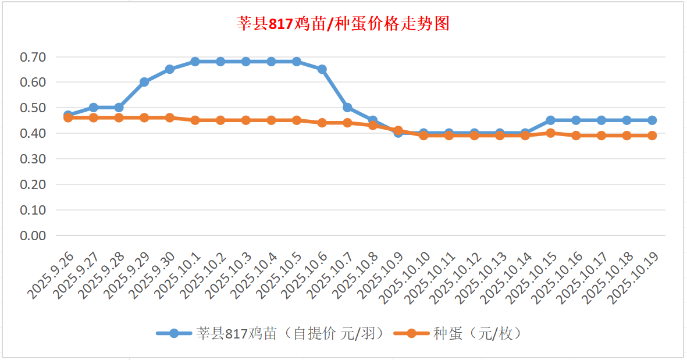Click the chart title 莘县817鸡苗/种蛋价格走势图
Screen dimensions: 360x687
(x=343, y=24)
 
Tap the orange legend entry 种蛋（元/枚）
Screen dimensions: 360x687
(x=476, y=334)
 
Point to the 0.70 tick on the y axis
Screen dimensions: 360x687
(x=33, y=57)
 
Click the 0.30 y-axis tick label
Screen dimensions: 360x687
(x=33, y=159)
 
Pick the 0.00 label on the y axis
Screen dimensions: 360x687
(x=33, y=236)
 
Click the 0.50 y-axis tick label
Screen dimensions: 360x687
(x=33, y=108)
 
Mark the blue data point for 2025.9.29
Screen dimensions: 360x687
(x=144, y=82)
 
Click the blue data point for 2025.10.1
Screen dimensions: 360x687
(x=195, y=62)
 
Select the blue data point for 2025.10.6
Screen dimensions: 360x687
(x=322, y=69)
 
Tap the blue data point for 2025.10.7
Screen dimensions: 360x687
(x=348, y=108)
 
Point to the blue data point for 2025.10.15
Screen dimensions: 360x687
(x=551, y=120)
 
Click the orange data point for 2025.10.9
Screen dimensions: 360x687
(x=398, y=131)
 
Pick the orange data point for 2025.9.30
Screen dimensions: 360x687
(x=170, y=117)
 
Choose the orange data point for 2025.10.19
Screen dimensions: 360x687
(x=652, y=136)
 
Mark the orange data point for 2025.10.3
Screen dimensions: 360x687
(x=246, y=120)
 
